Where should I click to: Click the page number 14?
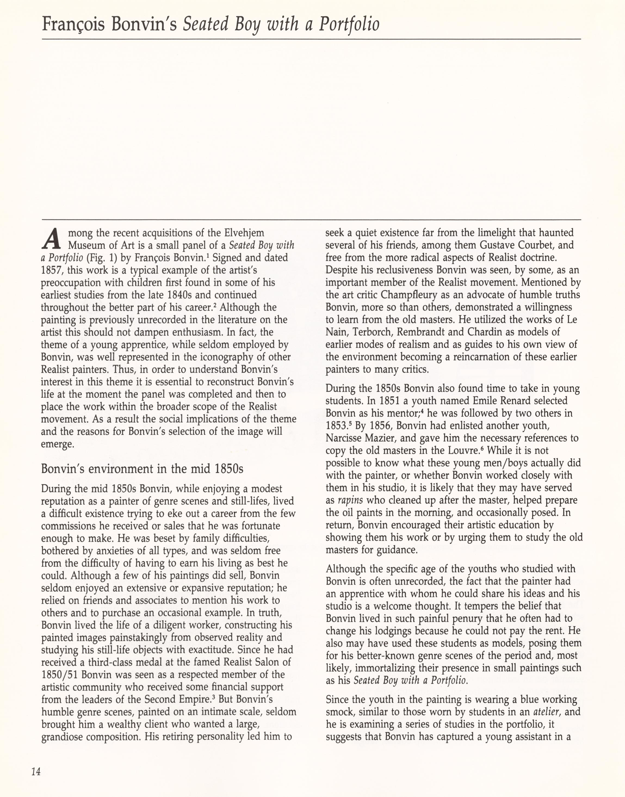(36, 772)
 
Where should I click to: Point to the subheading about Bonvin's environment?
(142, 469)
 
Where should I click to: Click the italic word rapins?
(350, 500)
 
